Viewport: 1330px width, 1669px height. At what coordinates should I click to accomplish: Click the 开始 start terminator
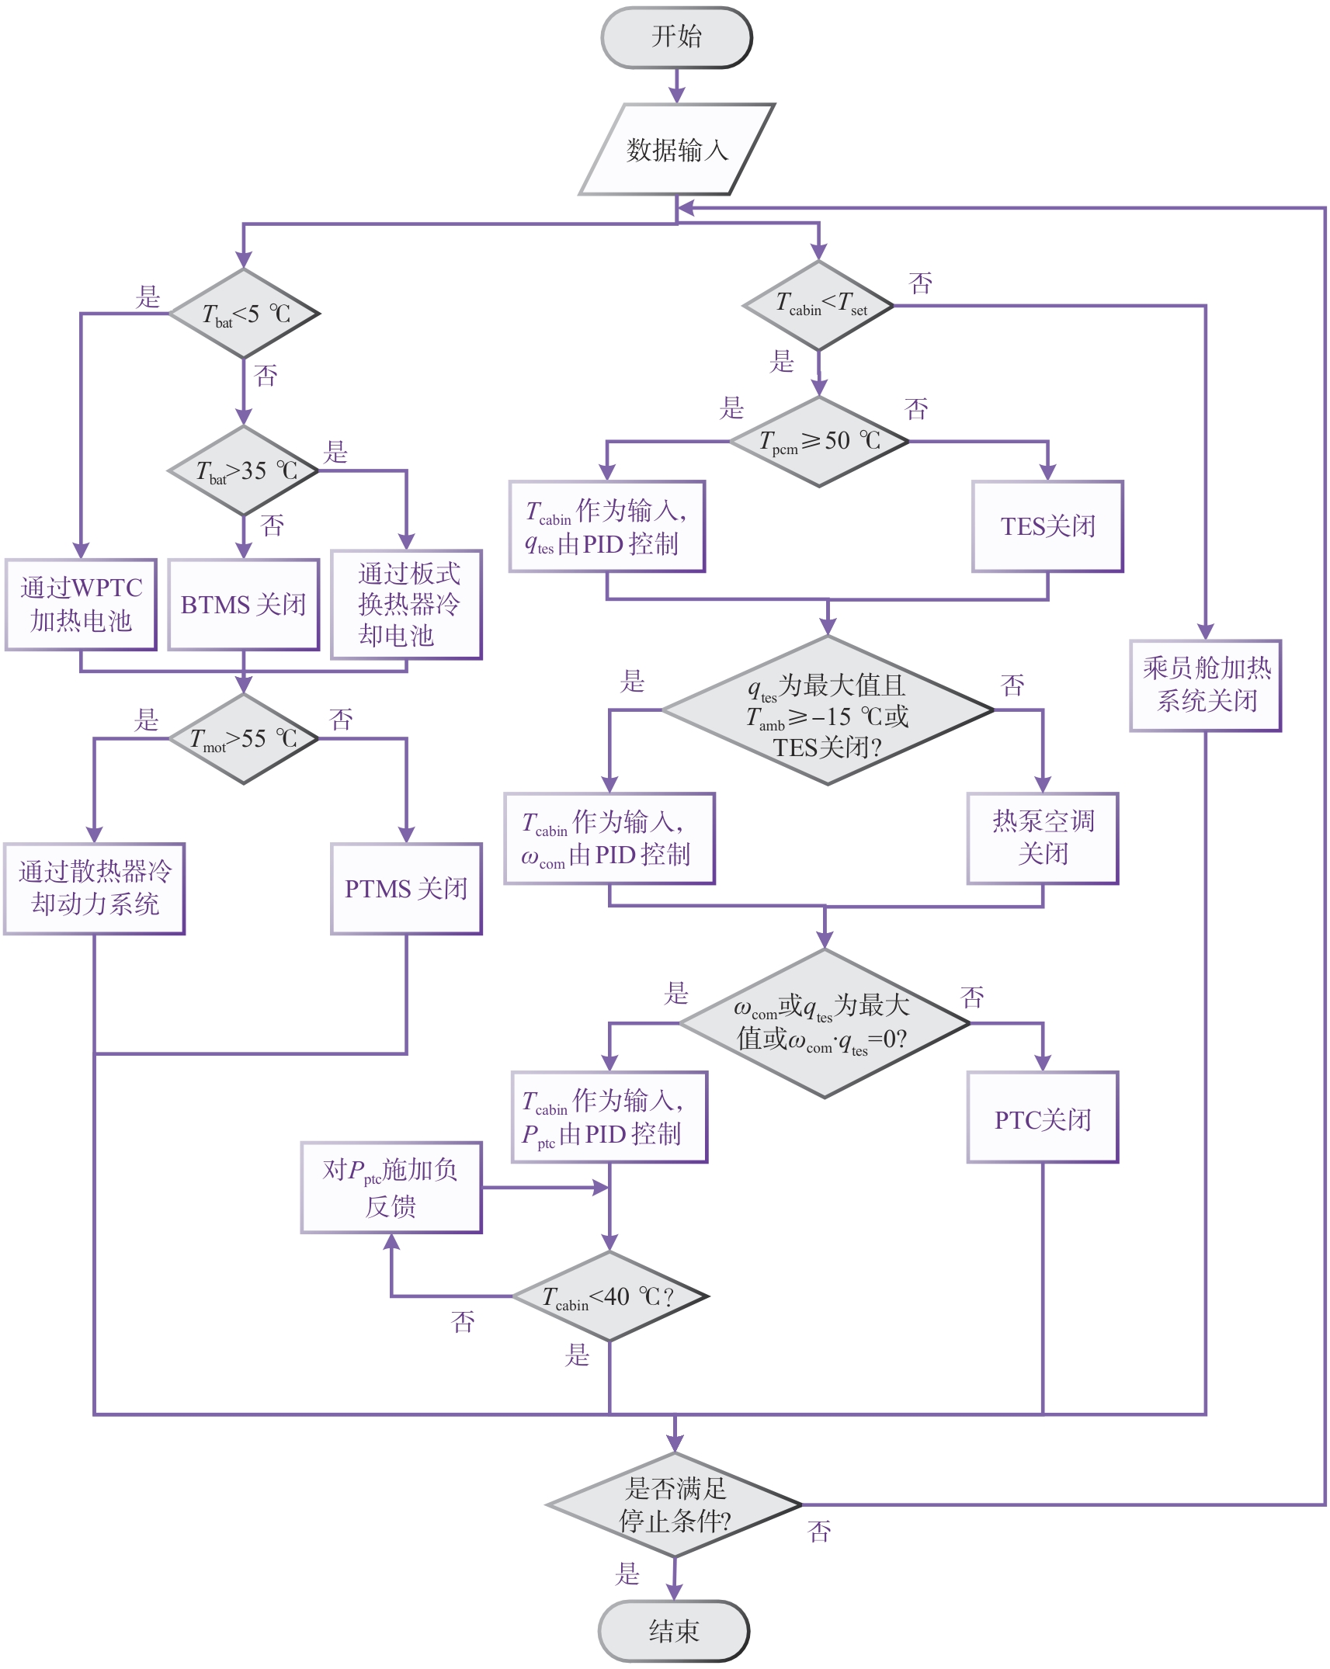coord(676,37)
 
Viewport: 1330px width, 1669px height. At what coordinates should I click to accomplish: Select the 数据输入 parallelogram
coord(676,149)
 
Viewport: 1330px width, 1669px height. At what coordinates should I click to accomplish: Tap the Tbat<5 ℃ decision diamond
coord(244,314)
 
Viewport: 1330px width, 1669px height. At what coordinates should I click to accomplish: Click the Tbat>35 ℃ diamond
coord(244,470)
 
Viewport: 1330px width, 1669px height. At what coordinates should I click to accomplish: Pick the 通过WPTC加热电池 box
coord(81,604)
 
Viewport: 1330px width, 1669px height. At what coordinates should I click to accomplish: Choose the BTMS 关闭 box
coord(244,604)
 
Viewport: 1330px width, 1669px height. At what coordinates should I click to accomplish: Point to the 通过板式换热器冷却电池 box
coord(406,604)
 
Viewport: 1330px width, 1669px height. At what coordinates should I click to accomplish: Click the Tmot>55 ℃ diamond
coord(244,738)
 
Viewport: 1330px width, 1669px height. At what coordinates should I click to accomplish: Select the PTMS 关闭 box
coord(406,888)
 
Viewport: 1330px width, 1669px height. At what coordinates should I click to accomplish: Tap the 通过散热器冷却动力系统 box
coord(94,888)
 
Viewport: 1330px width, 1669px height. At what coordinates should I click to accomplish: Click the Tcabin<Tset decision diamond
coord(818,305)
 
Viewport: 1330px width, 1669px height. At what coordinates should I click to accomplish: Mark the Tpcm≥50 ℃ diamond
coord(819,442)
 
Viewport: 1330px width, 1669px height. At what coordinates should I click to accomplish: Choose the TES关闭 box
coord(1047,526)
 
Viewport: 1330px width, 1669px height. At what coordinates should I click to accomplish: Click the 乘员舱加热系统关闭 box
coord(1205,685)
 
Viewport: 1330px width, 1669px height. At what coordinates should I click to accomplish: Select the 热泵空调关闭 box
coord(1042,838)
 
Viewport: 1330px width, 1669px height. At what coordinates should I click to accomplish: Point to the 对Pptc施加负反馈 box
coord(391,1187)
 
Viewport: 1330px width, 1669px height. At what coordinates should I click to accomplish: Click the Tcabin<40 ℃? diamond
coord(609,1296)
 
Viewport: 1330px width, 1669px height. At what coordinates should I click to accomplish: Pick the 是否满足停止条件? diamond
coord(674,1504)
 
